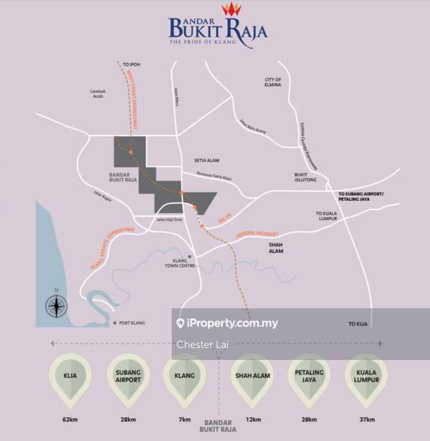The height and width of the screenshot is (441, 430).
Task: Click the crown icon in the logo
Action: point(231,9)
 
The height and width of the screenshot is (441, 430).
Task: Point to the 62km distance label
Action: point(70,420)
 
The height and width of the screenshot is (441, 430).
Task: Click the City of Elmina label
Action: point(273,82)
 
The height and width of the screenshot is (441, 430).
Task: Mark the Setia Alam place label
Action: point(206,160)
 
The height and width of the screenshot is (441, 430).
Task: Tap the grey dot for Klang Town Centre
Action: point(190,256)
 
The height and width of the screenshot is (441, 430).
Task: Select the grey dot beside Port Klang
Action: point(115,322)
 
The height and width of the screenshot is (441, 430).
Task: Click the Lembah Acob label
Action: point(98,94)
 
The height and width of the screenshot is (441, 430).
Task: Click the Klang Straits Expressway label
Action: point(112,248)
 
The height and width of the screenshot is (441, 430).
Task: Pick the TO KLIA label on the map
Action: point(358,324)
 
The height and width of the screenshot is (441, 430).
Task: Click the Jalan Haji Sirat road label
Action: point(169,219)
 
